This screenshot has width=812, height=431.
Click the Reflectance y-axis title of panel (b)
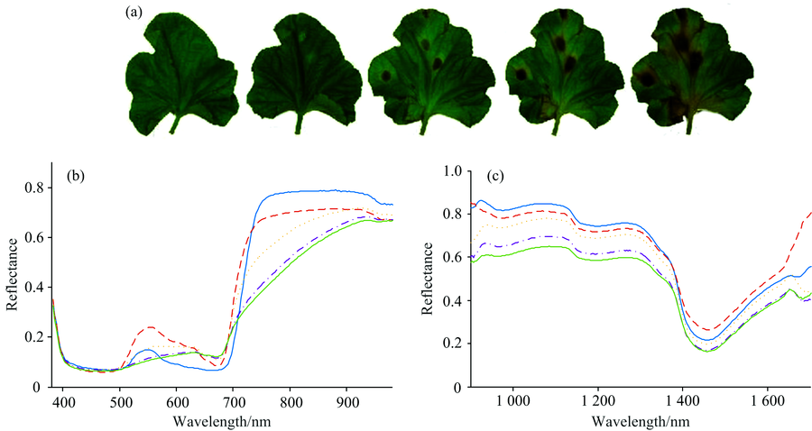tap(12, 274)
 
